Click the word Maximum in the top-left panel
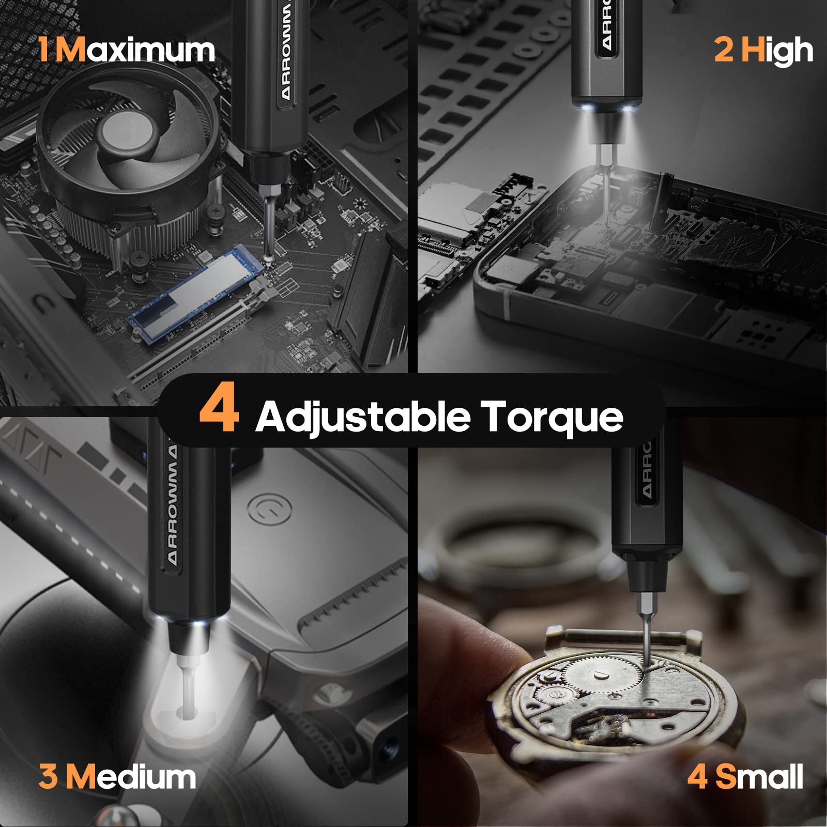point(135,50)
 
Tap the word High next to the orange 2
point(777,51)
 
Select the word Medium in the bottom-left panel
point(131,777)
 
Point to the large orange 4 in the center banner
point(219,408)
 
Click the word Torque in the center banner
point(552,417)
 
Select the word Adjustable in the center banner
point(363,417)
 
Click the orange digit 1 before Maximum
point(45,50)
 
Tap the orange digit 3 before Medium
point(48,777)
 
